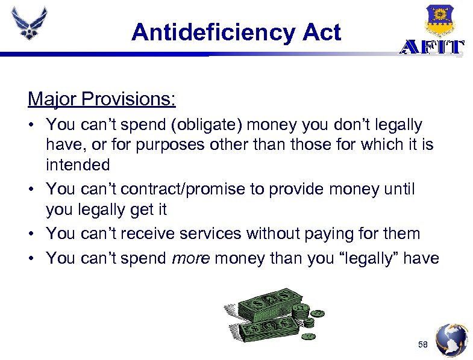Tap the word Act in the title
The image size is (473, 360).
click(x=322, y=32)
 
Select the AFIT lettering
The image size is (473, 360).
click(x=431, y=48)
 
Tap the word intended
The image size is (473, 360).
click(x=78, y=164)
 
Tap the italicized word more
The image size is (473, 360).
click(x=191, y=258)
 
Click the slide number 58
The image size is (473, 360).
click(x=424, y=344)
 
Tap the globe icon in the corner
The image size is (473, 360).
click(x=451, y=341)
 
